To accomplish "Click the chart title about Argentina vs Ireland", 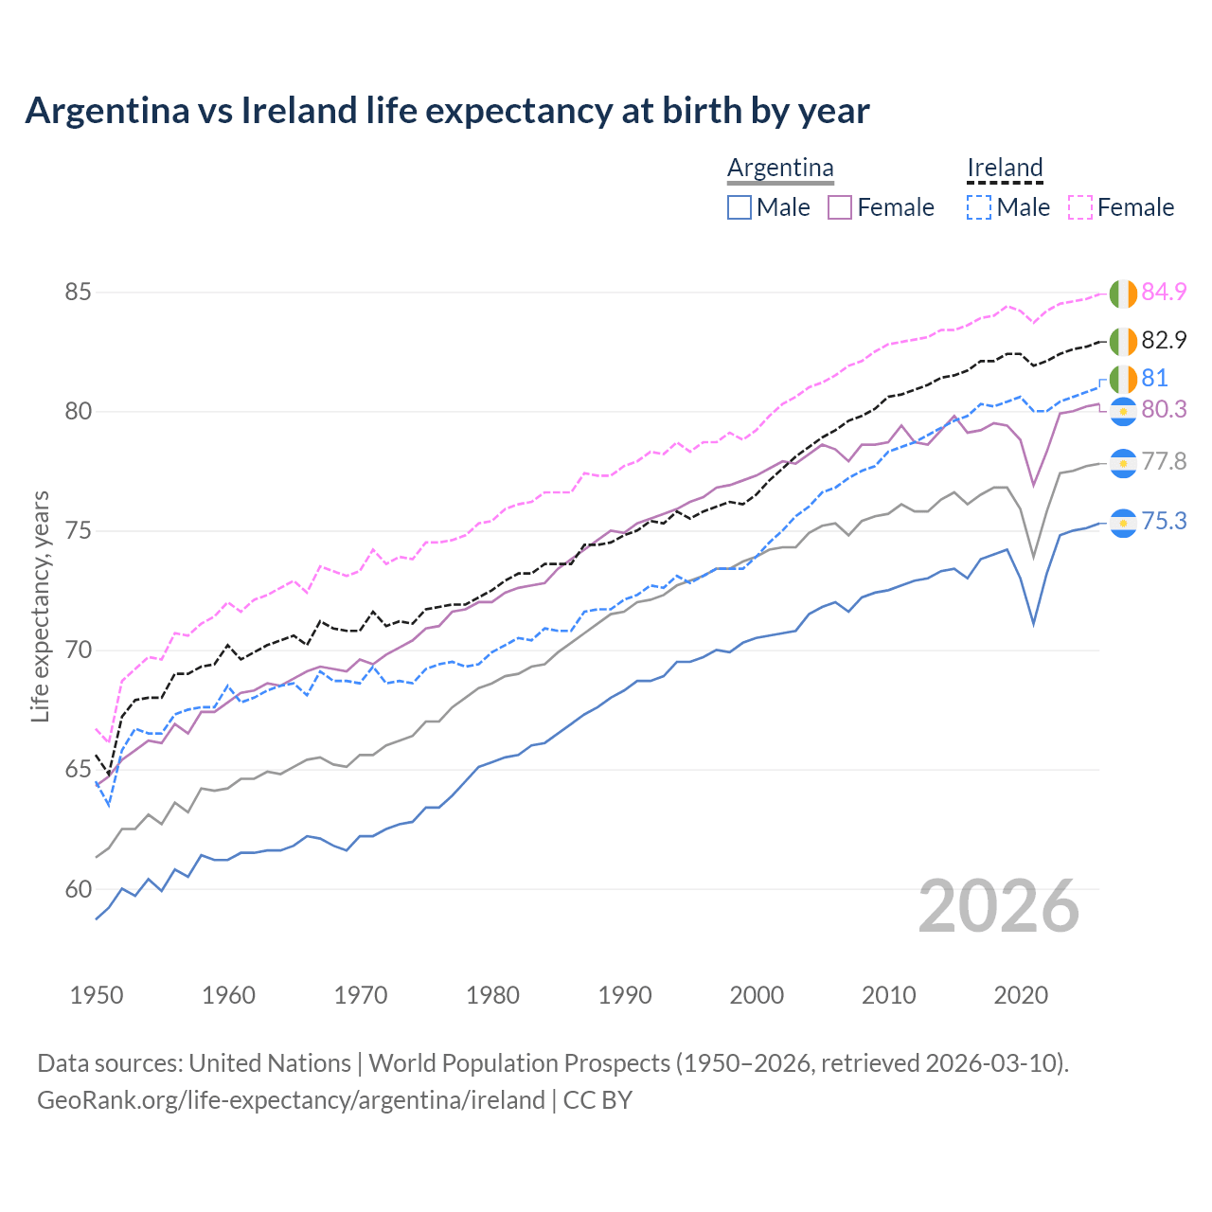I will pos(447,111).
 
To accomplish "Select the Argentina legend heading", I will pos(780,168).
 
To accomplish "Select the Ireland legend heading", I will pos(1005,168).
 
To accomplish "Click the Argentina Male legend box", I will pos(740,207).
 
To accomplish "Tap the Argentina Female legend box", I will pos(840,207).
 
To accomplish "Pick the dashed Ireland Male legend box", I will pos(979,207).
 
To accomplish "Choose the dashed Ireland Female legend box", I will pos(1080,207).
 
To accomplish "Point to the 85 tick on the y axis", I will pos(78,292).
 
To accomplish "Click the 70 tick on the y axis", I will pos(78,651).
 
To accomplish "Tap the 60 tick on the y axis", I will pos(78,889).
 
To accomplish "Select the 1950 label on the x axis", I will pos(97,995).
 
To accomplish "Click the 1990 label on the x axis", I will pos(625,995).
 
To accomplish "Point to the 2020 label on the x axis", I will pos(1021,995).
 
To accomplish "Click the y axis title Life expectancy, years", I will pos(41,606).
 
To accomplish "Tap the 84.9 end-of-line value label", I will pos(1164,292).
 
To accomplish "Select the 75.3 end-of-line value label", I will pos(1164,521).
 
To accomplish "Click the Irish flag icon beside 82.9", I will pos(1123,341).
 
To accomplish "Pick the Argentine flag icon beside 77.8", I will pos(1123,463).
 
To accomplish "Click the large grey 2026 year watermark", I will pos(999,906).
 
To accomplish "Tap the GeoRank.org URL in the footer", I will pos(291,1100).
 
